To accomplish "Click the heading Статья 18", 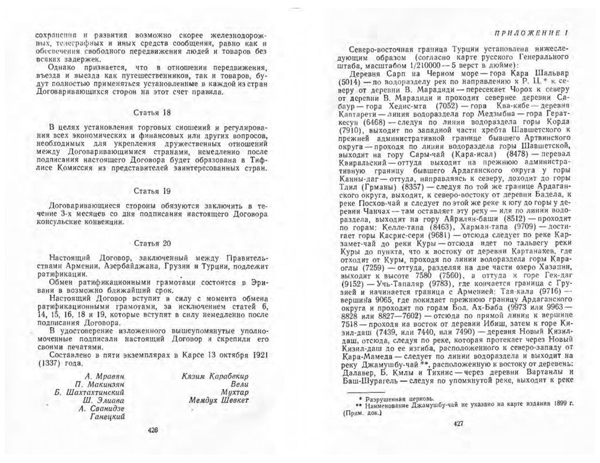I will tap(152, 113).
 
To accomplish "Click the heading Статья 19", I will tap(152, 191).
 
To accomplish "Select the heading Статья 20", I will tap(152, 243).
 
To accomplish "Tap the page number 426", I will tap(152, 430).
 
